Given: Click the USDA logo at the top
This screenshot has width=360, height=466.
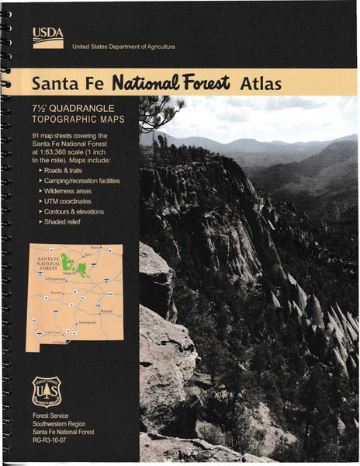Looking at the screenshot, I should click(48, 36).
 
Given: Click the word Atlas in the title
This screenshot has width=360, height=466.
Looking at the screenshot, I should click(261, 82).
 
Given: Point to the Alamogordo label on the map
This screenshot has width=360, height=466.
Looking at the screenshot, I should click(87, 322).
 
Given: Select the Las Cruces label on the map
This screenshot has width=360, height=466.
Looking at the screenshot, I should click(50, 332).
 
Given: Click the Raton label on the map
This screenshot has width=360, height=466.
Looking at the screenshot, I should click(94, 247).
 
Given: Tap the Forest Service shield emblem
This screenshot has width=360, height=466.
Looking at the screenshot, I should click(47, 391).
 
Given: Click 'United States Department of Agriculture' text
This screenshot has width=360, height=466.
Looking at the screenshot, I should click(123, 47).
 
